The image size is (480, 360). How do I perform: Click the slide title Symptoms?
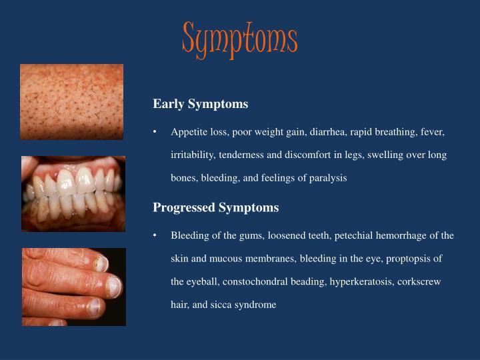(x=239, y=39)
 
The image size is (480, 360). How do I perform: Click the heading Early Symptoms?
(x=200, y=104)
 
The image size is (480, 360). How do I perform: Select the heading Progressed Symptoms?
(x=215, y=207)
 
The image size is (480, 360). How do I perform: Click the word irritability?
(x=192, y=155)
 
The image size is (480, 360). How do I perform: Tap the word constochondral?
(x=259, y=281)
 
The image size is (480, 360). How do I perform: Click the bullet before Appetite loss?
(x=154, y=132)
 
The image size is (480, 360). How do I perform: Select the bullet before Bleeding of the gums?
(x=154, y=235)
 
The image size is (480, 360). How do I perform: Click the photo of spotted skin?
(x=71, y=101)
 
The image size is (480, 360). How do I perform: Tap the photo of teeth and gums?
(x=73, y=193)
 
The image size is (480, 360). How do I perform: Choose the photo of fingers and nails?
(x=73, y=287)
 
